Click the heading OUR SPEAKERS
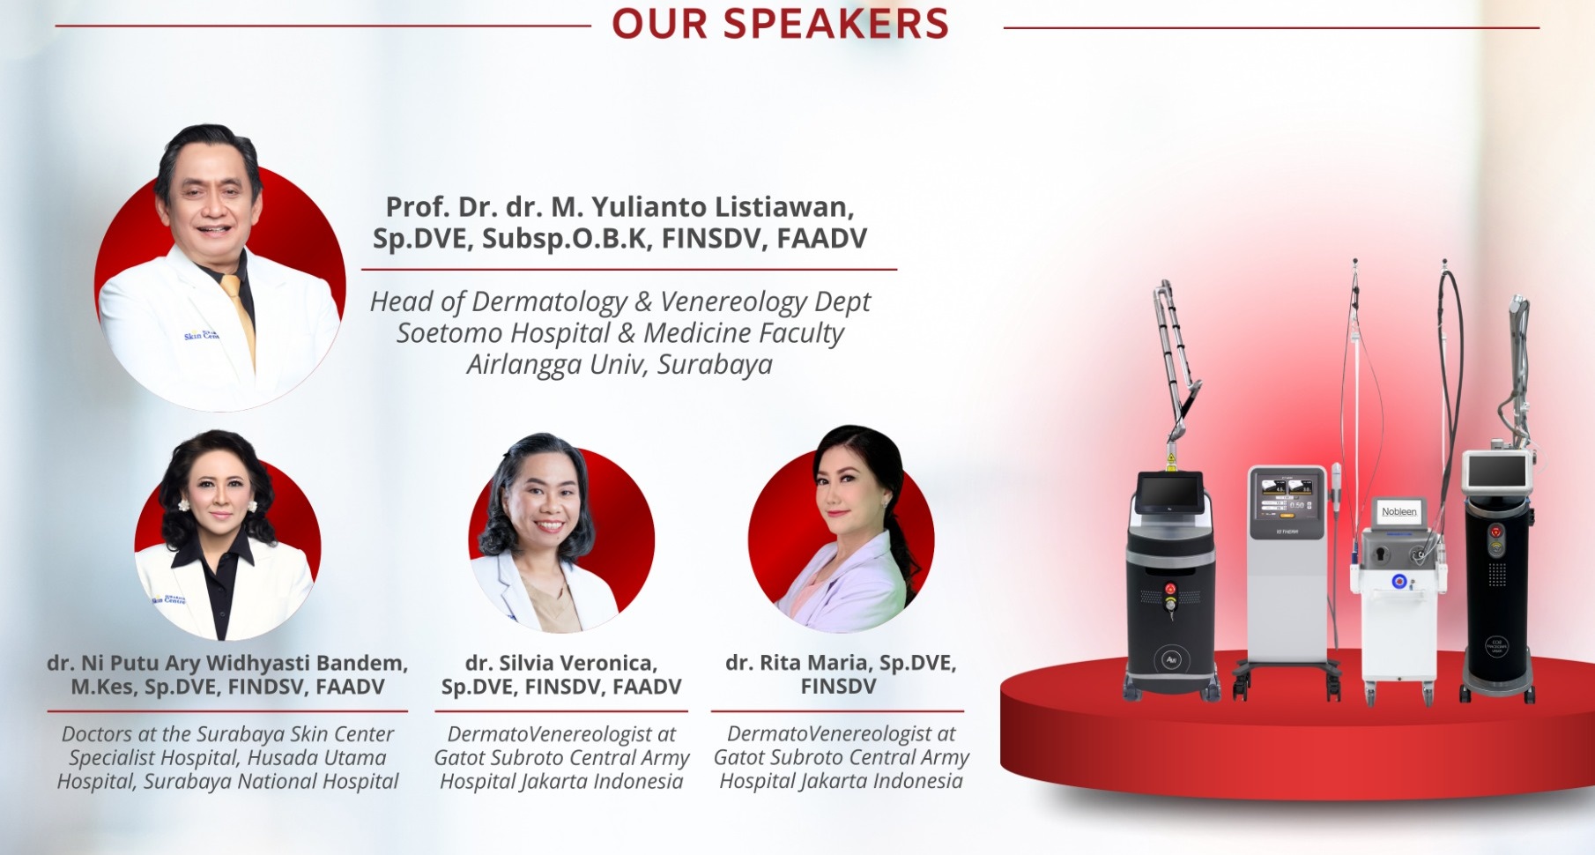[780, 24]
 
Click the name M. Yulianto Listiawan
[702, 206]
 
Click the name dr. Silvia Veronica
[561, 663]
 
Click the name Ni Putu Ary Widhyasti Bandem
[245, 663]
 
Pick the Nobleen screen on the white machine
[1399, 512]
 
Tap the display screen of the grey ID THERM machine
[1287, 494]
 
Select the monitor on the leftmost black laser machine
[1169, 493]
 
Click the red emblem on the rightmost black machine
[1495, 532]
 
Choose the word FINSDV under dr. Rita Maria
[838, 687]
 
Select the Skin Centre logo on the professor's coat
[202, 334]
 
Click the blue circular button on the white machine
[1398, 582]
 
